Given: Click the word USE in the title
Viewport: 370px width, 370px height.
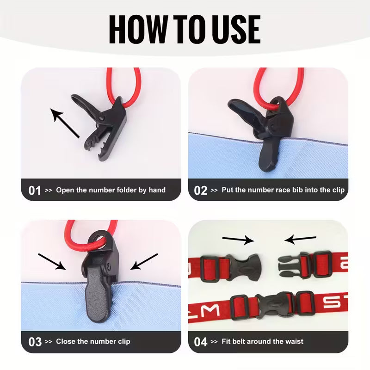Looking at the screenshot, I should [236, 29].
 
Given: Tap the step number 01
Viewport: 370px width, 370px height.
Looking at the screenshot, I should [35, 190].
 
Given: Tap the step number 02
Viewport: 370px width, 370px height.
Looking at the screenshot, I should [201, 190].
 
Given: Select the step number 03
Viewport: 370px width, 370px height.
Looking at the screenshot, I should [35, 342].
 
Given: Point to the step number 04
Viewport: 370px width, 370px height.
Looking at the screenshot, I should [201, 342].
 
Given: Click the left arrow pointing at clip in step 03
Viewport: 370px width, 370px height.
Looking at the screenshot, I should [52, 261].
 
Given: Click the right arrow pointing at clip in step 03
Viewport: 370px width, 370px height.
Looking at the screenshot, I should [144, 261].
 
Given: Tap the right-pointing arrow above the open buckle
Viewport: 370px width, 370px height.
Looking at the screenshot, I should [238, 240].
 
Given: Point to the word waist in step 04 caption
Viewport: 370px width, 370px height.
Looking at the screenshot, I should [294, 342].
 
